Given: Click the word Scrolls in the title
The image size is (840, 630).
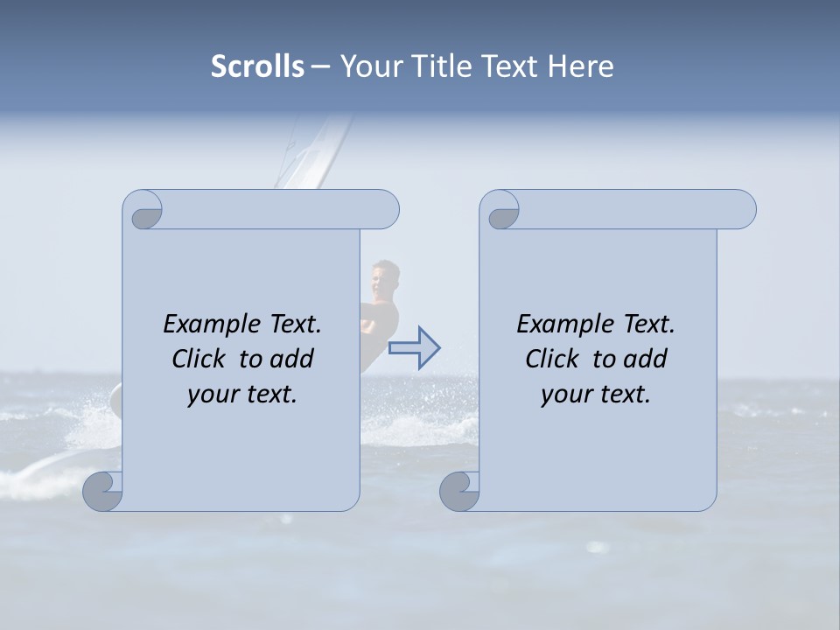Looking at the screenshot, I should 257,66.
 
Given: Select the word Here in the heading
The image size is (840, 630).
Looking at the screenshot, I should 580,66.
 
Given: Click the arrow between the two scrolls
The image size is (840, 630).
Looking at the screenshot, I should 414,348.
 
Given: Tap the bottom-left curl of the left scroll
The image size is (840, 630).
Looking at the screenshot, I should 103,491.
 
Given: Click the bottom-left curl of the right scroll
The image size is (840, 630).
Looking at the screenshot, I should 459,491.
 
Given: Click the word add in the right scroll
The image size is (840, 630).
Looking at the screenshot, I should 646,359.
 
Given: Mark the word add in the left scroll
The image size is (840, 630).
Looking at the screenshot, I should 292,359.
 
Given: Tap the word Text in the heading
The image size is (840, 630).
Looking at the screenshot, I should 508,66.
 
